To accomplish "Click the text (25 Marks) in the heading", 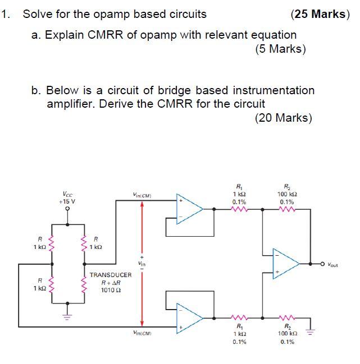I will click(321, 14).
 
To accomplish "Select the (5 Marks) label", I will click(280, 49).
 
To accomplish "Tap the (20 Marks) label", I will click(283, 117).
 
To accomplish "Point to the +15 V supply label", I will click(67, 200).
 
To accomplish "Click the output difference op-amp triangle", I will click(285, 262).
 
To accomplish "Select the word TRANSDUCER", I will click(110, 275).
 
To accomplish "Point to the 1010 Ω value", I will click(108, 290).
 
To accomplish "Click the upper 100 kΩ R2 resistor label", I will click(287, 194).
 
